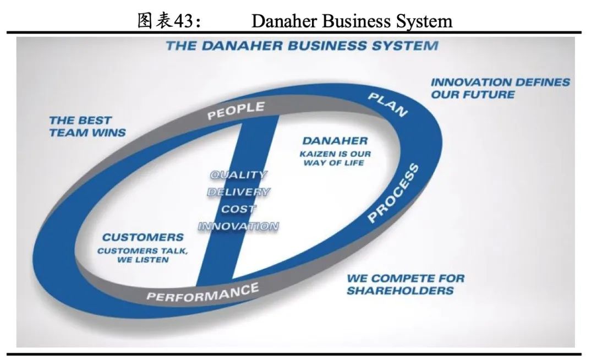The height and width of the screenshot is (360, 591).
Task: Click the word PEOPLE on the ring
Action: click(236, 110)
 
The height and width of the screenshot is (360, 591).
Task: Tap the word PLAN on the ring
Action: click(387, 104)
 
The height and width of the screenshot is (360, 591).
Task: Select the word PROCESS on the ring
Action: click(393, 193)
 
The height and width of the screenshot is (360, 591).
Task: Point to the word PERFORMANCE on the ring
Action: click(202, 293)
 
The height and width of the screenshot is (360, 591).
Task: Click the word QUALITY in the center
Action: click(238, 175)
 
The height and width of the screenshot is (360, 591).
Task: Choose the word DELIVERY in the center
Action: click(238, 192)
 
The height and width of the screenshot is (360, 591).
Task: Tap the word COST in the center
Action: click(238, 209)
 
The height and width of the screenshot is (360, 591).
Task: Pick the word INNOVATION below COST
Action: click(238, 226)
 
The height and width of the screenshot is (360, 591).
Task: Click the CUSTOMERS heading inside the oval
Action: click(143, 238)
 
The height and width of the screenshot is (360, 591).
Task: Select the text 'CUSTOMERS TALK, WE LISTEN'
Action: click(143, 255)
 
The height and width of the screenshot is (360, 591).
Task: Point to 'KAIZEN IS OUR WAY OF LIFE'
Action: click(335, 159)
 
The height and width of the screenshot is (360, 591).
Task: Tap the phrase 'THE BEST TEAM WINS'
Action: click(87, 126)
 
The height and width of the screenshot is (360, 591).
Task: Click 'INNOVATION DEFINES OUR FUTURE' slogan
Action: click(500, 88)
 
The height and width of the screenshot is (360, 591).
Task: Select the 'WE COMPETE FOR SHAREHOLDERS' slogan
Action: click(405, 284)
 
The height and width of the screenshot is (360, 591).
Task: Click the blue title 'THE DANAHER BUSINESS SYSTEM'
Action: click(302, 46)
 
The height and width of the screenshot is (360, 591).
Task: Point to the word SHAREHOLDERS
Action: click(400, 291)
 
